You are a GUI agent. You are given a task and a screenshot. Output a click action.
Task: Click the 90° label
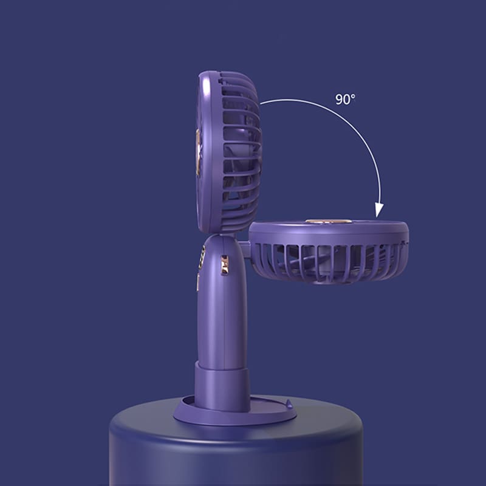(x=345, y=99)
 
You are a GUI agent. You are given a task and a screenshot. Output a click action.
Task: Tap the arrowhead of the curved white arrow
(x=379, y=210)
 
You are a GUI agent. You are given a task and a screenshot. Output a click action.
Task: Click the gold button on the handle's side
(x=224, y=265)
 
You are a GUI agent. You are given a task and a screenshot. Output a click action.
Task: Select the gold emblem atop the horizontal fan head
(x=329, y=221)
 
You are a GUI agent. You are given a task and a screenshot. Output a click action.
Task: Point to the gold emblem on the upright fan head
(x=197, y=152)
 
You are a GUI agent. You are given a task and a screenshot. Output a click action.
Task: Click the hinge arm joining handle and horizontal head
(x=245, y=249)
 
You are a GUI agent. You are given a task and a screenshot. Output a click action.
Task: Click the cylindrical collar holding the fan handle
(x=222, y=386)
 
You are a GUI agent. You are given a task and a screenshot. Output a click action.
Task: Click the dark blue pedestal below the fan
(x=236, y=450)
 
